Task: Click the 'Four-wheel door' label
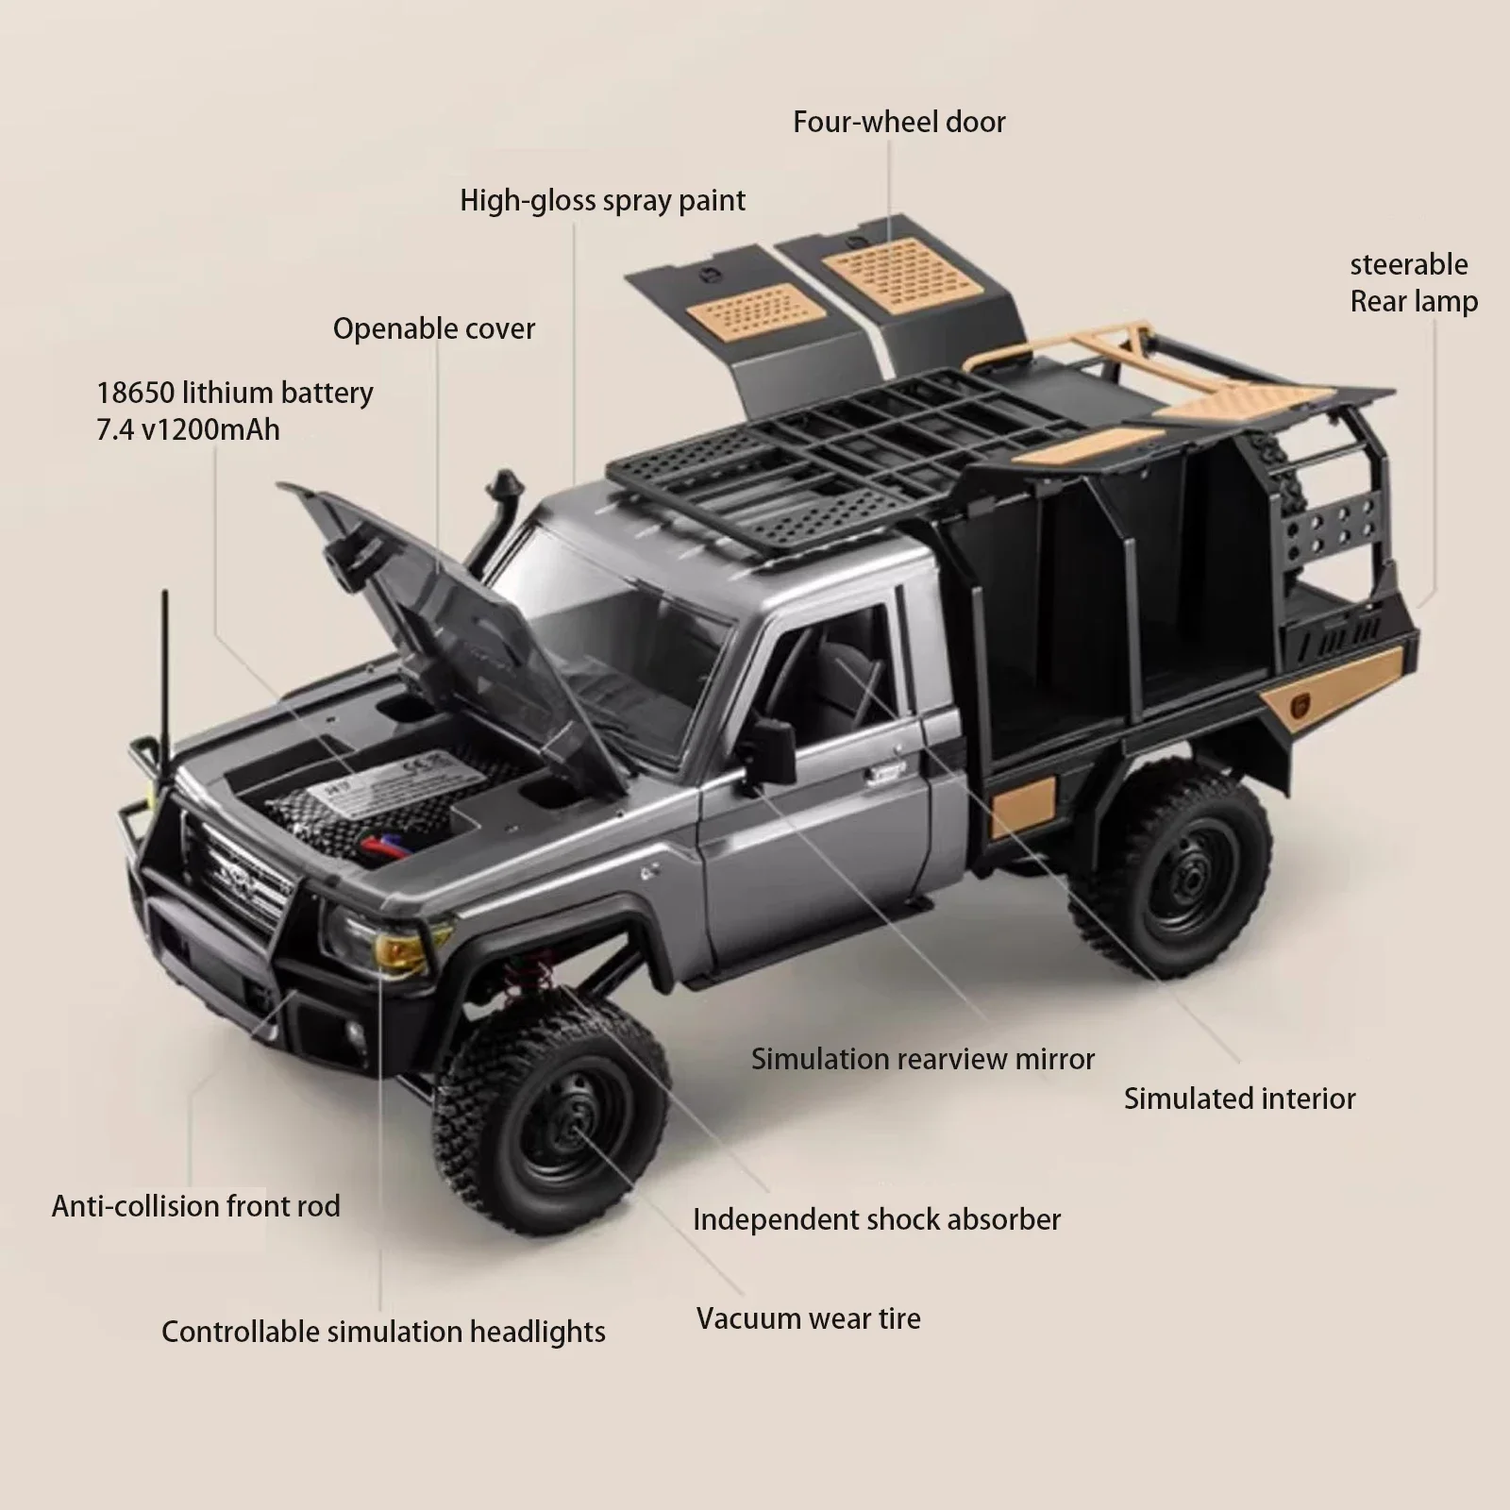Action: [x=898, y=122]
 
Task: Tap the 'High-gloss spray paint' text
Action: [x=602, y=200]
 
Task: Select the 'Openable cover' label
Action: [x=433, y=328]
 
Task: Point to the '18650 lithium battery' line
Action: [x=235, y=393]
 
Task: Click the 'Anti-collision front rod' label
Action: [x=195, y=1206]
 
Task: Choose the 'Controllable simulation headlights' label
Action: [x=383, y=1332]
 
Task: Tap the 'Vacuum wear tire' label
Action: [x=808, y=1318]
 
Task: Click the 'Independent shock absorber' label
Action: [x=877, y=1219]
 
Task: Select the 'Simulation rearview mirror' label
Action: [x=922, y=1059]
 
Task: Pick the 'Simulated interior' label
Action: [x=1239, y=1099]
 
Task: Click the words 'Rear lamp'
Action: [x=1414, y=302]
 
